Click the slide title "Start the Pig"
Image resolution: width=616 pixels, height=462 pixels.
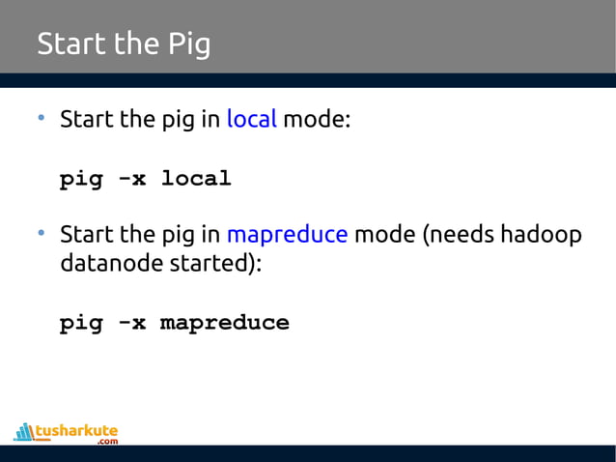point(123,44)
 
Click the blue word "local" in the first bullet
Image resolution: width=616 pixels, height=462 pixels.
point(251,121)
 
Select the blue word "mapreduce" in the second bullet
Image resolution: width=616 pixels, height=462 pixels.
point(287,235)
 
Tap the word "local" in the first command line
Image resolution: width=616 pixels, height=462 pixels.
point(196,179)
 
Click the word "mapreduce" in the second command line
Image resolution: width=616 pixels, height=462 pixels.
point(225,323)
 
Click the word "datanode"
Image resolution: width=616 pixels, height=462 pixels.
point(106,262)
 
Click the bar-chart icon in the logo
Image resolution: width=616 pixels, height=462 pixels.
point(23,431)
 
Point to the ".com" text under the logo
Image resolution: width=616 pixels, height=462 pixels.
point(107,442)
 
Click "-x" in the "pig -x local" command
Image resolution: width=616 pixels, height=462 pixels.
point(131,179)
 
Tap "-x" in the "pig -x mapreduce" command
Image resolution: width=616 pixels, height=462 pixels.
point(131,323)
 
